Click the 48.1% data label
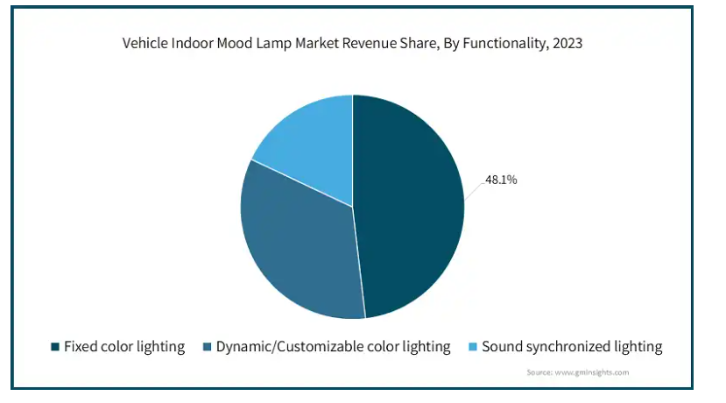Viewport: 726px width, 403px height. point(501,180)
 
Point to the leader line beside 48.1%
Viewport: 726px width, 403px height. point(475,191)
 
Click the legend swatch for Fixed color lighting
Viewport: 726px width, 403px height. point(55,346)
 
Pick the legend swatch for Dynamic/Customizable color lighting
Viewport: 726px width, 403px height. point(207,346)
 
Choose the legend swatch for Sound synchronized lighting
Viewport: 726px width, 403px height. point(473,346)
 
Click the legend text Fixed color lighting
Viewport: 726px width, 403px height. point(124,347)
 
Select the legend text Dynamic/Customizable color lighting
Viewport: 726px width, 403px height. point(333,347)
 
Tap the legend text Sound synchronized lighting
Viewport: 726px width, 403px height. point(572,347)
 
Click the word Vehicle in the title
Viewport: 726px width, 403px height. point(144,43)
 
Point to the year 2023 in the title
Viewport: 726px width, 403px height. point(567,43)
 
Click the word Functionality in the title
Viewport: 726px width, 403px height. point(505,44)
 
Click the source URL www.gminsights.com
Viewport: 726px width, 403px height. point(592,372)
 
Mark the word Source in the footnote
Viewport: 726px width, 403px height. point(539,372)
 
